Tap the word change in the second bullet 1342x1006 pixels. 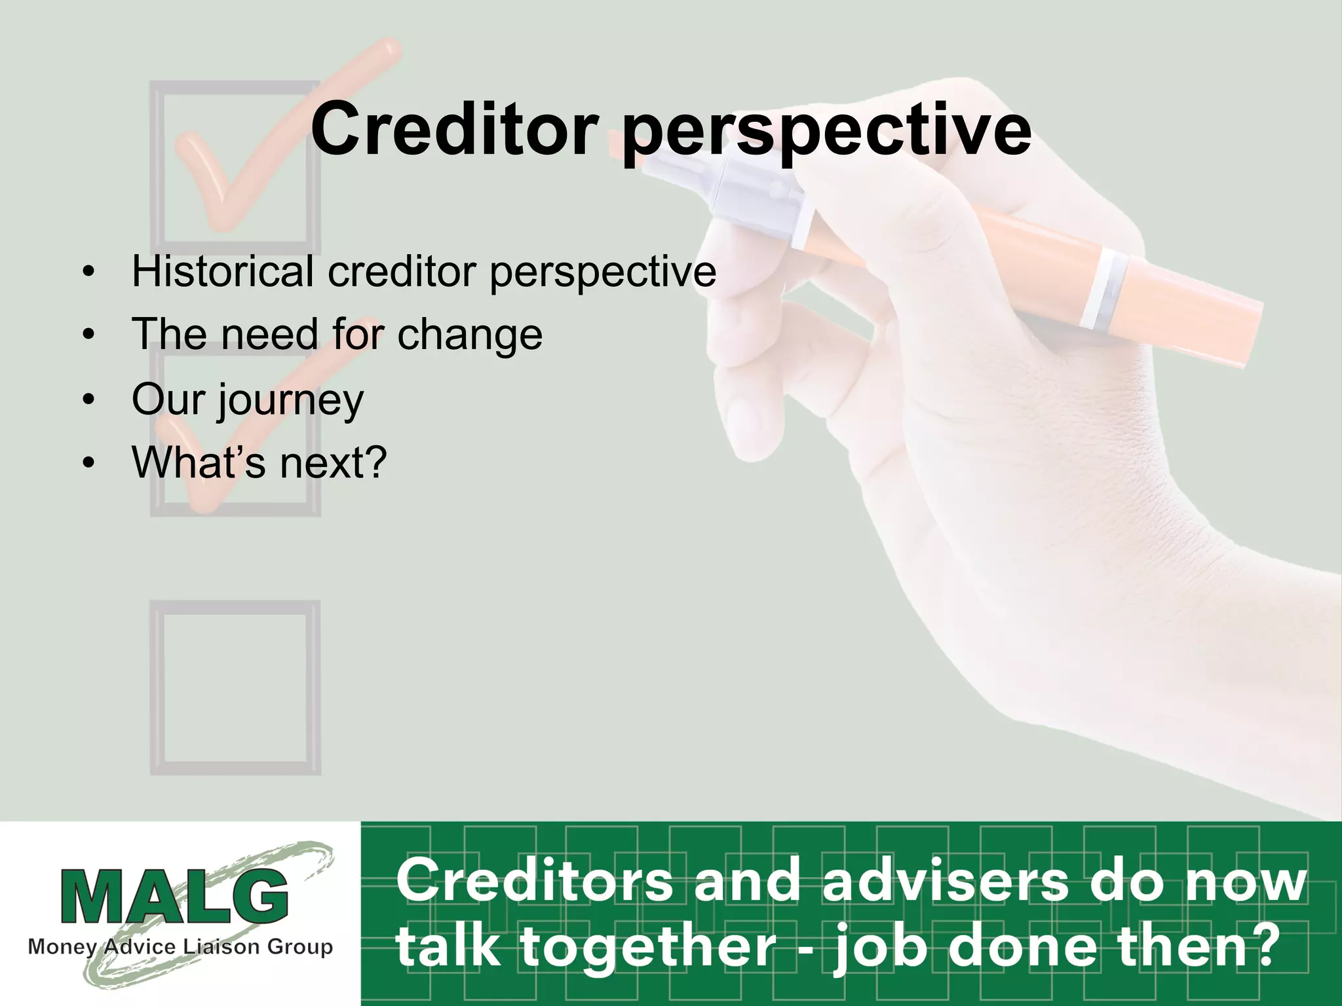tap(470, 335)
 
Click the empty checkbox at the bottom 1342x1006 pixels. tap(235, 688)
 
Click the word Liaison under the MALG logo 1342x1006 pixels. tap(218, 947)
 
